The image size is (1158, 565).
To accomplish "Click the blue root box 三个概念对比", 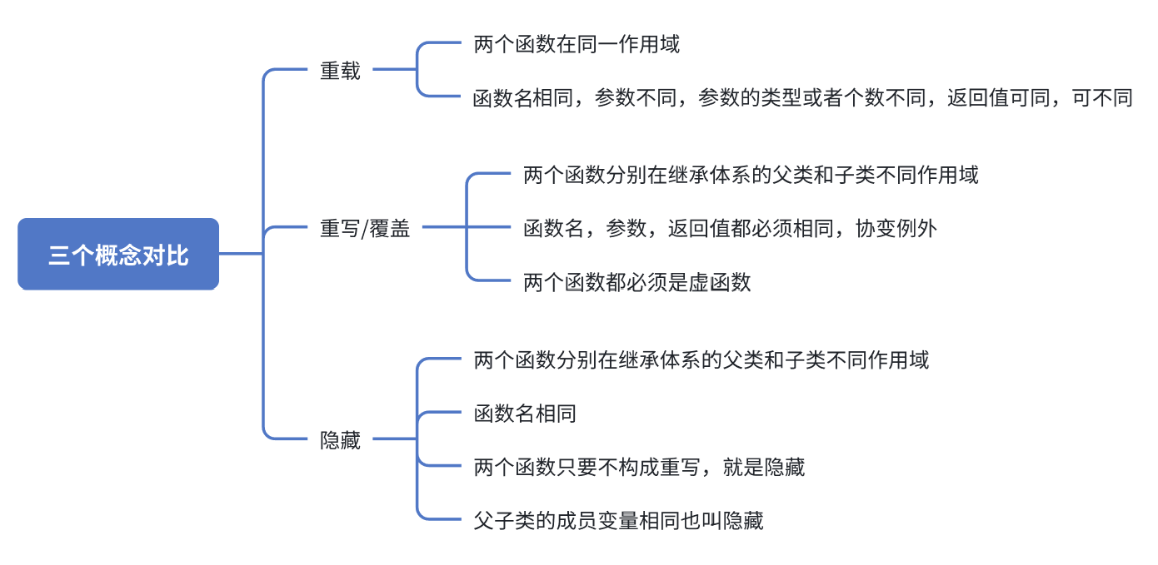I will coord(118,255).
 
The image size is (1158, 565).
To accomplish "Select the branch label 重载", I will coord(341,71).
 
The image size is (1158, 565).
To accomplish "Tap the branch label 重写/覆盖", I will coord(366,228).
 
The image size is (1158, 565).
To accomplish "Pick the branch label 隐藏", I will coord(341,439).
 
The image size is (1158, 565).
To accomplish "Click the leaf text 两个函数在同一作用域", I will coord(577,44).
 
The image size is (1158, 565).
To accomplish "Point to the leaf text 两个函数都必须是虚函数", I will coord(637,282).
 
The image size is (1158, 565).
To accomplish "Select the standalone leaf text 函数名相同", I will coord(525,414).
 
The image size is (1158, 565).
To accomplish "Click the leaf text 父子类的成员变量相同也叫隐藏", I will coord(618,521).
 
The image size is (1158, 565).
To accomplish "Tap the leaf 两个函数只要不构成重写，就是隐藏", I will coord(639,467).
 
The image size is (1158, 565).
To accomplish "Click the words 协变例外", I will coord(896,228).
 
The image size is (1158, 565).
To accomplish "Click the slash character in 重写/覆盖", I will coord(363,229).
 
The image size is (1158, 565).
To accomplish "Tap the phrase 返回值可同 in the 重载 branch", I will coord(997,98).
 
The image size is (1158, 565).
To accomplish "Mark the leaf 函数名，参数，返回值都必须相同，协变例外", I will coord(731,228).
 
